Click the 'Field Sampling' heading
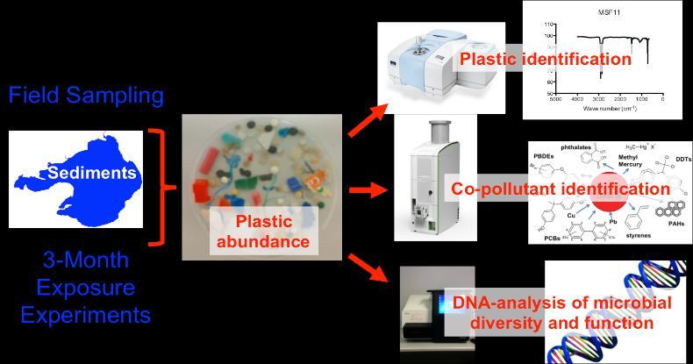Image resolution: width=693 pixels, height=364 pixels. [86, 95]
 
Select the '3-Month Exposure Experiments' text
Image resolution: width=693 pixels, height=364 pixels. [86, 287]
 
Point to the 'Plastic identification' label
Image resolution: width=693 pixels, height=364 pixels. [545, 60]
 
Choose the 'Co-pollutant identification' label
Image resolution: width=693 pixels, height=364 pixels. [561, 189]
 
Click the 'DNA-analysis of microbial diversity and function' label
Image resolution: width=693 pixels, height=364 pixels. [562, 313]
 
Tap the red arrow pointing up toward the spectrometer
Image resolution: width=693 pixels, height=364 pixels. [367, 120]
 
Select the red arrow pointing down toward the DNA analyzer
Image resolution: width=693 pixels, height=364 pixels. [368, 266]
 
